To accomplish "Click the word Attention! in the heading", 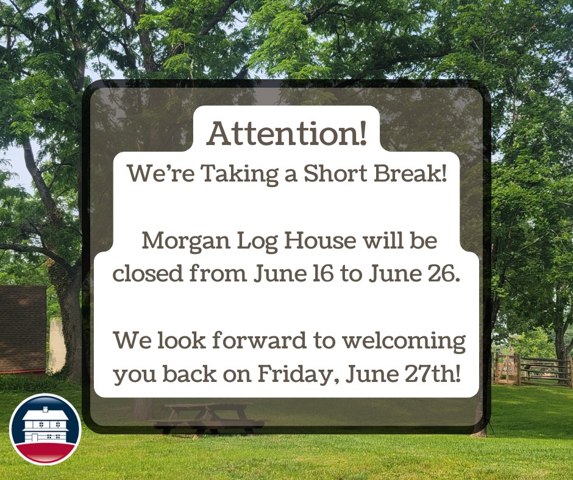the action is click(x=287, y=133).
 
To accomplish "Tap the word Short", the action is click(x=335, y=173).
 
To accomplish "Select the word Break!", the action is click(x=410, y=173).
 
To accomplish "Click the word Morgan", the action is click(x=186, y=241).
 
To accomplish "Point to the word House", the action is click(x=320, y=241).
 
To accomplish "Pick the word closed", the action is click(x=148, y=273).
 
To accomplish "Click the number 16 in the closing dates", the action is click(x=323, y=274).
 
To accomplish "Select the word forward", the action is click(x=259, y=340).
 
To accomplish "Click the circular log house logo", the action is click(x=45, y=429).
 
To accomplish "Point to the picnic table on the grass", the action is click(x=208, y=419).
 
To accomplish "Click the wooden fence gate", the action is click(x=507, y=369).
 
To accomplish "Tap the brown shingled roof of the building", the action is click(x=23, y=328).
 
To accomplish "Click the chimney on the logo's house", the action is click(x=45, y=409).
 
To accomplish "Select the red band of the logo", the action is click(x=45, y=452).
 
